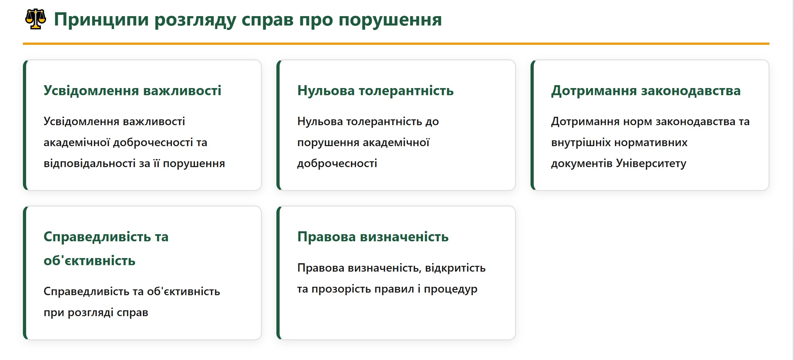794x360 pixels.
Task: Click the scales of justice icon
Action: click(36, 19)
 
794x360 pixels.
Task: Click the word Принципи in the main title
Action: click(101, 20)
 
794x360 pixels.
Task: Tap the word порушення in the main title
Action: click(390, 20)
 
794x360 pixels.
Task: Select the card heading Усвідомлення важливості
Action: click(133, 90)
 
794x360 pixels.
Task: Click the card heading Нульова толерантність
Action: click(375, 90)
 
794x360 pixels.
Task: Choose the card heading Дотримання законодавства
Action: click(646, 90)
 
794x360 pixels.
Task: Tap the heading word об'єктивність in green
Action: click(89, 260)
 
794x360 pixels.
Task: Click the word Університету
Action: click(651, 163)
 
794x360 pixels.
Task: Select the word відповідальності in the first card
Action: click(90, 163)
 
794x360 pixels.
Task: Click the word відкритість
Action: click(455, 268)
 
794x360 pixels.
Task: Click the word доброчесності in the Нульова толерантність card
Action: click(337, 163)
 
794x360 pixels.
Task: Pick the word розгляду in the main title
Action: click(195, 20)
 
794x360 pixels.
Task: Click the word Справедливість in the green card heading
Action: click(97, 237)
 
